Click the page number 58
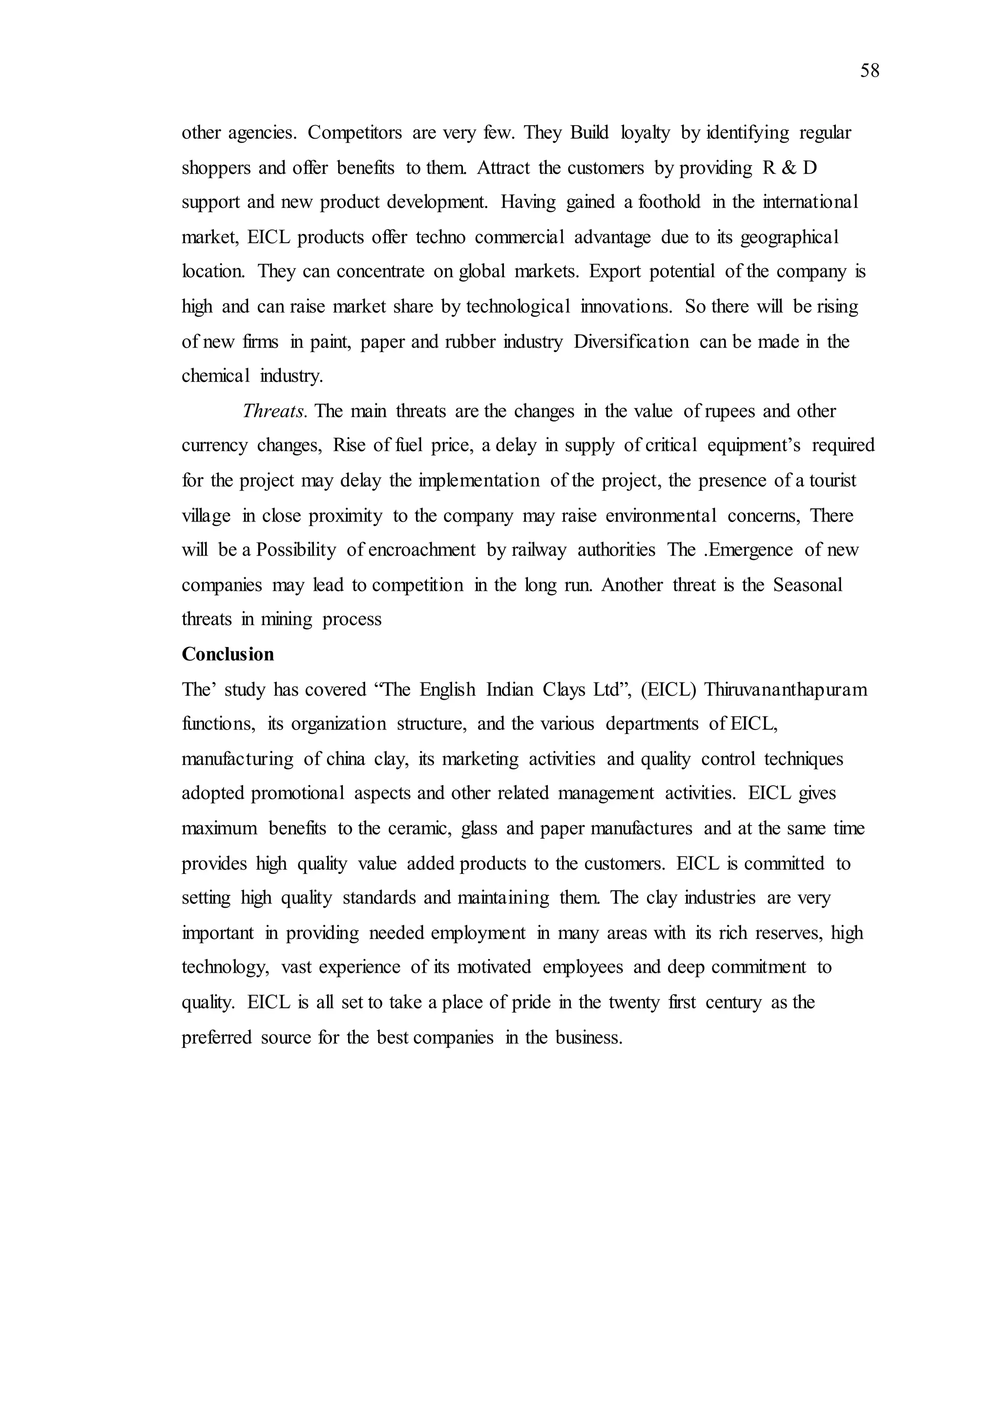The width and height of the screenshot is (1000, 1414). (870, 71)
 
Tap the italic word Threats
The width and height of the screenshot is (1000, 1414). (273, 412)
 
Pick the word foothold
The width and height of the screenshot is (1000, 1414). (669, 203)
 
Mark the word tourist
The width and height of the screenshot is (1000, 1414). (833, 480)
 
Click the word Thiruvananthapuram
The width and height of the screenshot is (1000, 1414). (785, 690)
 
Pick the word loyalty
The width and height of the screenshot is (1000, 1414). (645, 133)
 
